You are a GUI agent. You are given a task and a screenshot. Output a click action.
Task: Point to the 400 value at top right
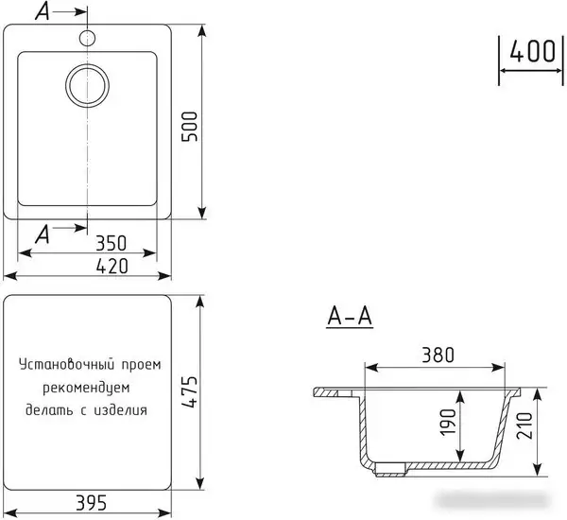point(530,50)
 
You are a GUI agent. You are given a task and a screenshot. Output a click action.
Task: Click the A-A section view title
point(350,318)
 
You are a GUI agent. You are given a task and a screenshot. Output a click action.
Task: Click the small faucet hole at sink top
point(87,38)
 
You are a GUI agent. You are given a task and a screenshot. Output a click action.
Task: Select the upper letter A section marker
point(42,12)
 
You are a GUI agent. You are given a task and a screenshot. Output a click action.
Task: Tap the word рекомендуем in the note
point(85,389)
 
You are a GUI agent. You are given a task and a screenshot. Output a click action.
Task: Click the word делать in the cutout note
point(46,411)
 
